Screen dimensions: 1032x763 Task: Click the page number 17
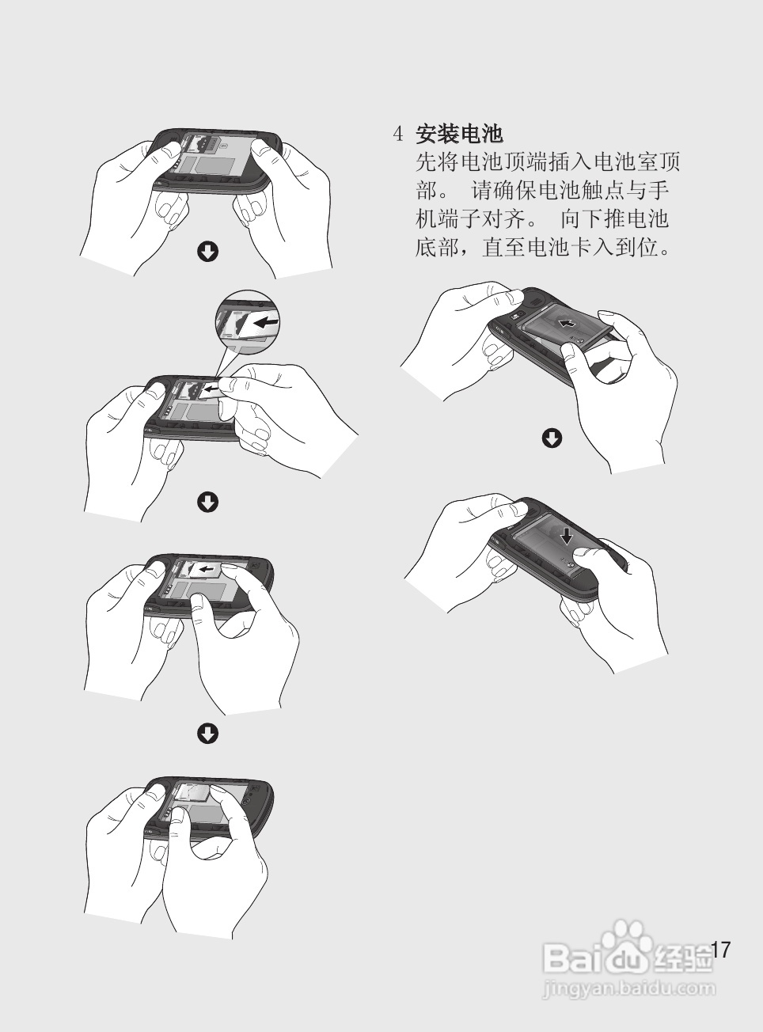[721, 950]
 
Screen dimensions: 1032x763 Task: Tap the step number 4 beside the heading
[399, 134]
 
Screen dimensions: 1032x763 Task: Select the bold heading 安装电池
[459, 134]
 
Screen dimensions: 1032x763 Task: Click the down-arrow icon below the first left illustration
[207, 252]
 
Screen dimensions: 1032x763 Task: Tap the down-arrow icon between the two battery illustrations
[552, 438]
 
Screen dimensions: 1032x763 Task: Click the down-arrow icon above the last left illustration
[207, 733]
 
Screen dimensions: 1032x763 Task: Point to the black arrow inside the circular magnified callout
[266, 324]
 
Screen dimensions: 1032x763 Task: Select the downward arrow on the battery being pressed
[567, 536]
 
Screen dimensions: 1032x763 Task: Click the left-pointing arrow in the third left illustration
[207, 569]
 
